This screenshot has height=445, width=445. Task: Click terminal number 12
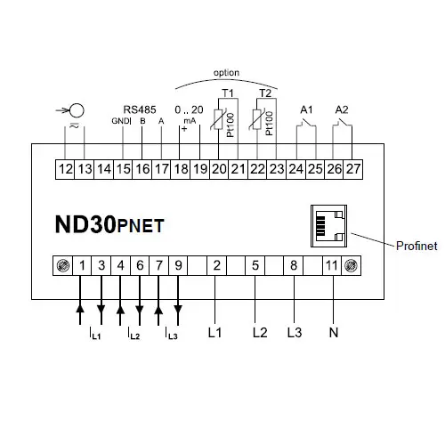(65, 169)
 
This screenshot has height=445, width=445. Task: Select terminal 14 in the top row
(104, 169)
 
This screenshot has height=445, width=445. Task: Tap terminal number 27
(353, 169)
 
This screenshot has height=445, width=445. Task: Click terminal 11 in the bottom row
(332, 265)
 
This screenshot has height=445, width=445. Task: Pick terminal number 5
(255, 265)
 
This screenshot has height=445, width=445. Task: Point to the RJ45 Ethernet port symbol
(328, 226)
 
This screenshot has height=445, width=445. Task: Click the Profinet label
(417, 246)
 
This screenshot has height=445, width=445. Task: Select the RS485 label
(140, 109)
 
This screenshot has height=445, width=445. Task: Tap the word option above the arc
(226, 73)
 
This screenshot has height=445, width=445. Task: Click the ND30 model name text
(85, 224)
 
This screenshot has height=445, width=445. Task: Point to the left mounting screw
(63, 265)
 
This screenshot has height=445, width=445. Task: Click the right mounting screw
(351, 265)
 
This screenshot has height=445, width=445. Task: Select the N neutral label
(334, 333)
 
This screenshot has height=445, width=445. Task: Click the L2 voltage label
(260, 333)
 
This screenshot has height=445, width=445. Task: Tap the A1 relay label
(306, 110)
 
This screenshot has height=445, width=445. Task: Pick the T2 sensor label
(265, 93)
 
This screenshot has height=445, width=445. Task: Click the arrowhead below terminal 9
(178, 310)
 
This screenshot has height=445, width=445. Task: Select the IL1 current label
(95, 334)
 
